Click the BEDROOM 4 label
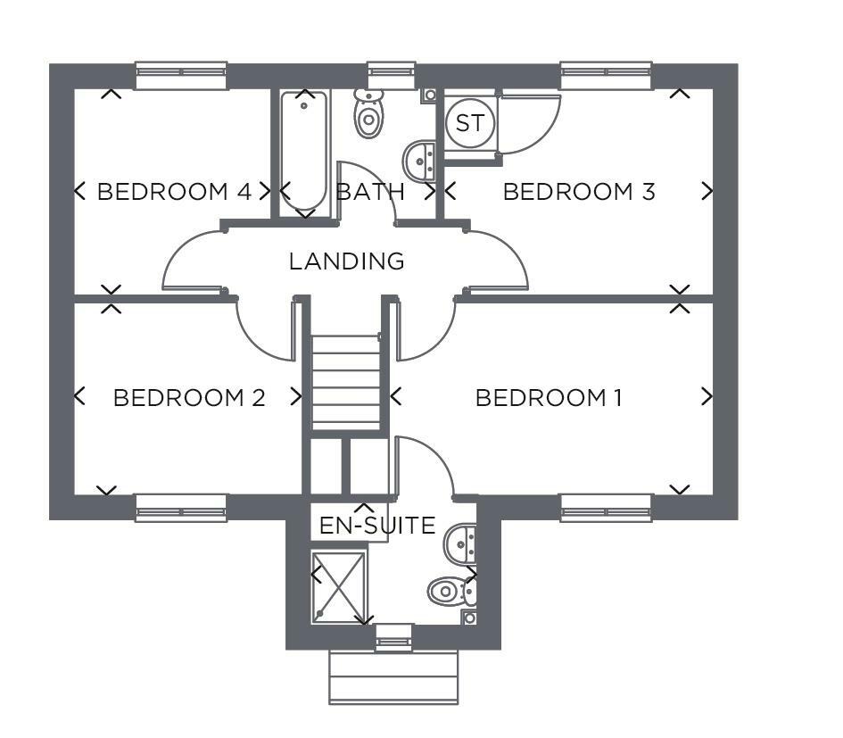[174, 192]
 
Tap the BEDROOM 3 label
[579, 192]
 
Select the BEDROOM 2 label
[189, 397]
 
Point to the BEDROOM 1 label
[549, 397]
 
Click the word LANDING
[347, 261]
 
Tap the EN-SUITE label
[377, 525]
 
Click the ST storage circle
[470, 123]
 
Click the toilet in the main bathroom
[368, 114]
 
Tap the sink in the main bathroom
[418, 160]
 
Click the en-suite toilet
[452, 591]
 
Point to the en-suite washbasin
[460, 543]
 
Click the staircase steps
[346, 383]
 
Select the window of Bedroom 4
[181, 75]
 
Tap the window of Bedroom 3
[607, 75]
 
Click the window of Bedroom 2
[181, 508]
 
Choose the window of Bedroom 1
[607, 508]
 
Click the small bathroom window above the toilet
[392, 75]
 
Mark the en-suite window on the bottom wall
[394, 637]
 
